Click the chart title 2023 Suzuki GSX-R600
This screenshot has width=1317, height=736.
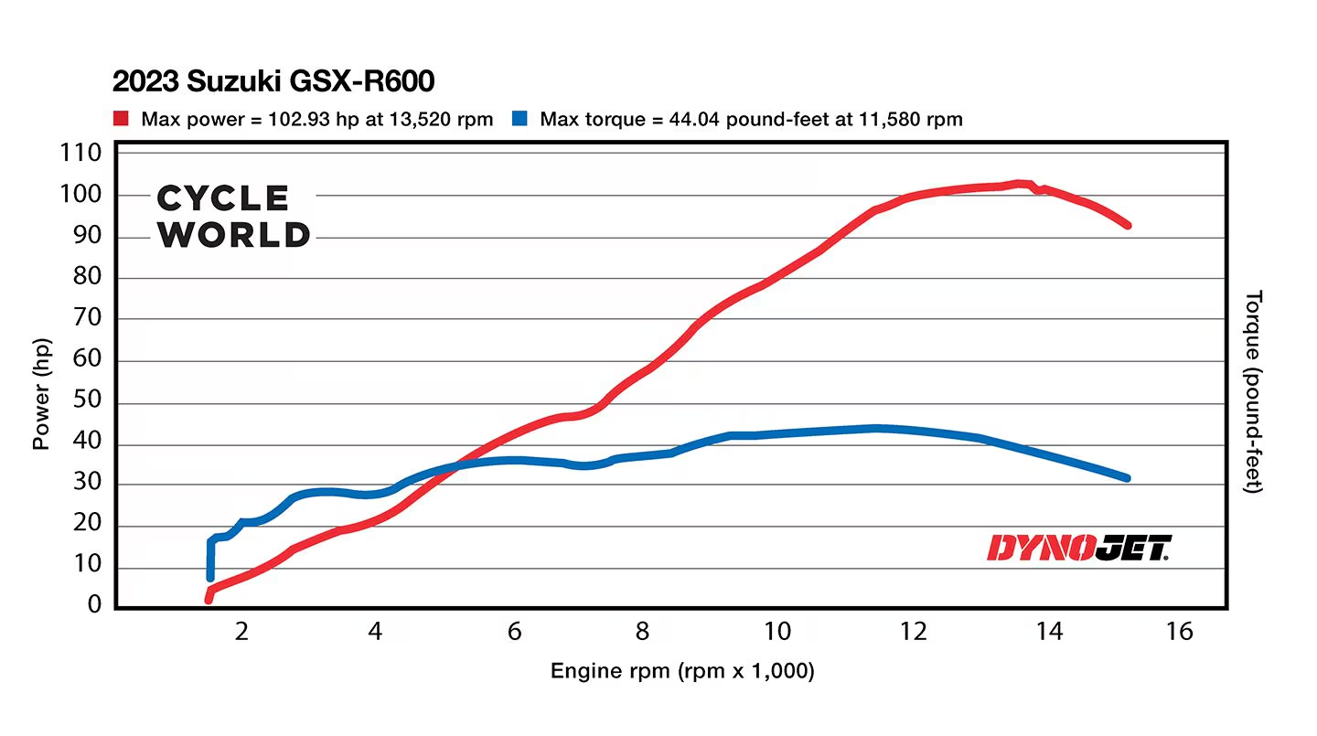click(x=273, y=81)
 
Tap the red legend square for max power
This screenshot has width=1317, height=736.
click(x=121, y=119)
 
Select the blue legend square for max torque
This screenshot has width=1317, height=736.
click(x=519, y=119)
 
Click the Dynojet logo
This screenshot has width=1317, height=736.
click(x=1078, y=548)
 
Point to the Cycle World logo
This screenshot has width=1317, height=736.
click(x=234, y=217)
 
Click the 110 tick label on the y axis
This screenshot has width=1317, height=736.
click(x=80, y=154)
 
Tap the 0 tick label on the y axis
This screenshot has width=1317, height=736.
click(x=94, y=605)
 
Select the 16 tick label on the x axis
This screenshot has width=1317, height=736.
click(x=1179, y=632)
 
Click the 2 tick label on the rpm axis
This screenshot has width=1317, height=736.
click(x=241, y=632)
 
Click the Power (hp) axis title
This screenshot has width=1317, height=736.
click(x=41, y=393)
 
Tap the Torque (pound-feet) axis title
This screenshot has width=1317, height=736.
click(x=1254, y=393)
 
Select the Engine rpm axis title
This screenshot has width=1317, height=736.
click(x=681, y=672)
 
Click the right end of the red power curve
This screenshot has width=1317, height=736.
click(x=1127, y=225)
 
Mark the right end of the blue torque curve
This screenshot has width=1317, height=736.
click(x=1127, y=477)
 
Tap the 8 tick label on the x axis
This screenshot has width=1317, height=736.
click(x=643, y=632)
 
